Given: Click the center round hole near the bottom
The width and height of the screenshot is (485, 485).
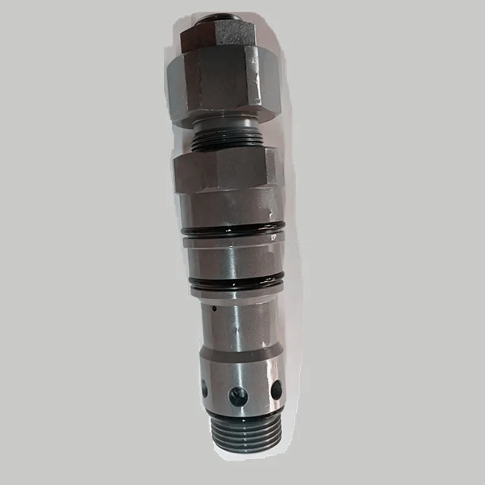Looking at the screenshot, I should click(x=238, y=396).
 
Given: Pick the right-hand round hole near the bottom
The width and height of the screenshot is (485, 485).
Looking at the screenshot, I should click(x=276, y=389).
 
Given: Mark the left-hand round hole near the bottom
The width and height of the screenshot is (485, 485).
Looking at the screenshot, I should click(x=205, y=389).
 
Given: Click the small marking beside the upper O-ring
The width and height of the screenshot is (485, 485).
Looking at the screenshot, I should click(x=272, y=237).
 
